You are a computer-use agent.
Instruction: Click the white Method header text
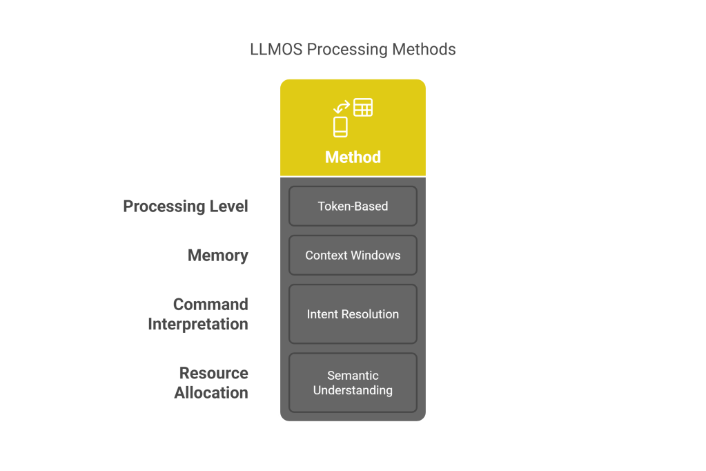353,157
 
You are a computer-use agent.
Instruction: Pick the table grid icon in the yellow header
363,108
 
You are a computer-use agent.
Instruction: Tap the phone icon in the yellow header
340,126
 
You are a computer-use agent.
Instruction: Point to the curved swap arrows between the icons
341,107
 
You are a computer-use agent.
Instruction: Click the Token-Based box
353,206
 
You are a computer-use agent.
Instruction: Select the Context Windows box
353,255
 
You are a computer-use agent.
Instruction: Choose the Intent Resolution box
353,314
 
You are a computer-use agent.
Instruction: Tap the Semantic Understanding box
353,383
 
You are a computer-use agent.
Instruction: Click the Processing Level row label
185,206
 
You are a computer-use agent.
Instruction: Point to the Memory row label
218,256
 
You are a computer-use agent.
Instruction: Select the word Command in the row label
210,305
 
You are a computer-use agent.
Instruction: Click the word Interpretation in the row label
198,324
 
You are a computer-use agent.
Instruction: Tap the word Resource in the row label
213,374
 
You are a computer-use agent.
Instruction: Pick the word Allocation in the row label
211,393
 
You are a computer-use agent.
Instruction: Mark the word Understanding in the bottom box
353,390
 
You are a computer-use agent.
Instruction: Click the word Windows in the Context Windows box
375,255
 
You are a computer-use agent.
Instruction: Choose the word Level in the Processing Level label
228,206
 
